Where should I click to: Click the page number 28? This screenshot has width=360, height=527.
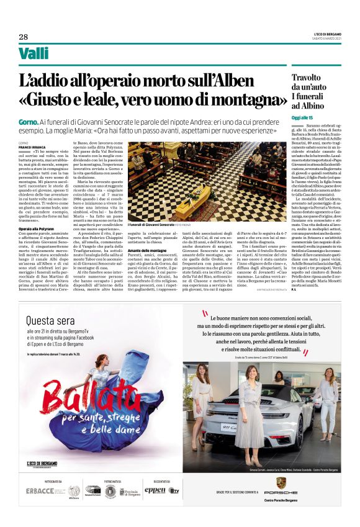click(x=23, y=36)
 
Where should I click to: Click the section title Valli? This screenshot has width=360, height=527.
click(x=34, y=54)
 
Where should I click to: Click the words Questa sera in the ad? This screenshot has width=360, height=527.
click(x=56, y=320)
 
